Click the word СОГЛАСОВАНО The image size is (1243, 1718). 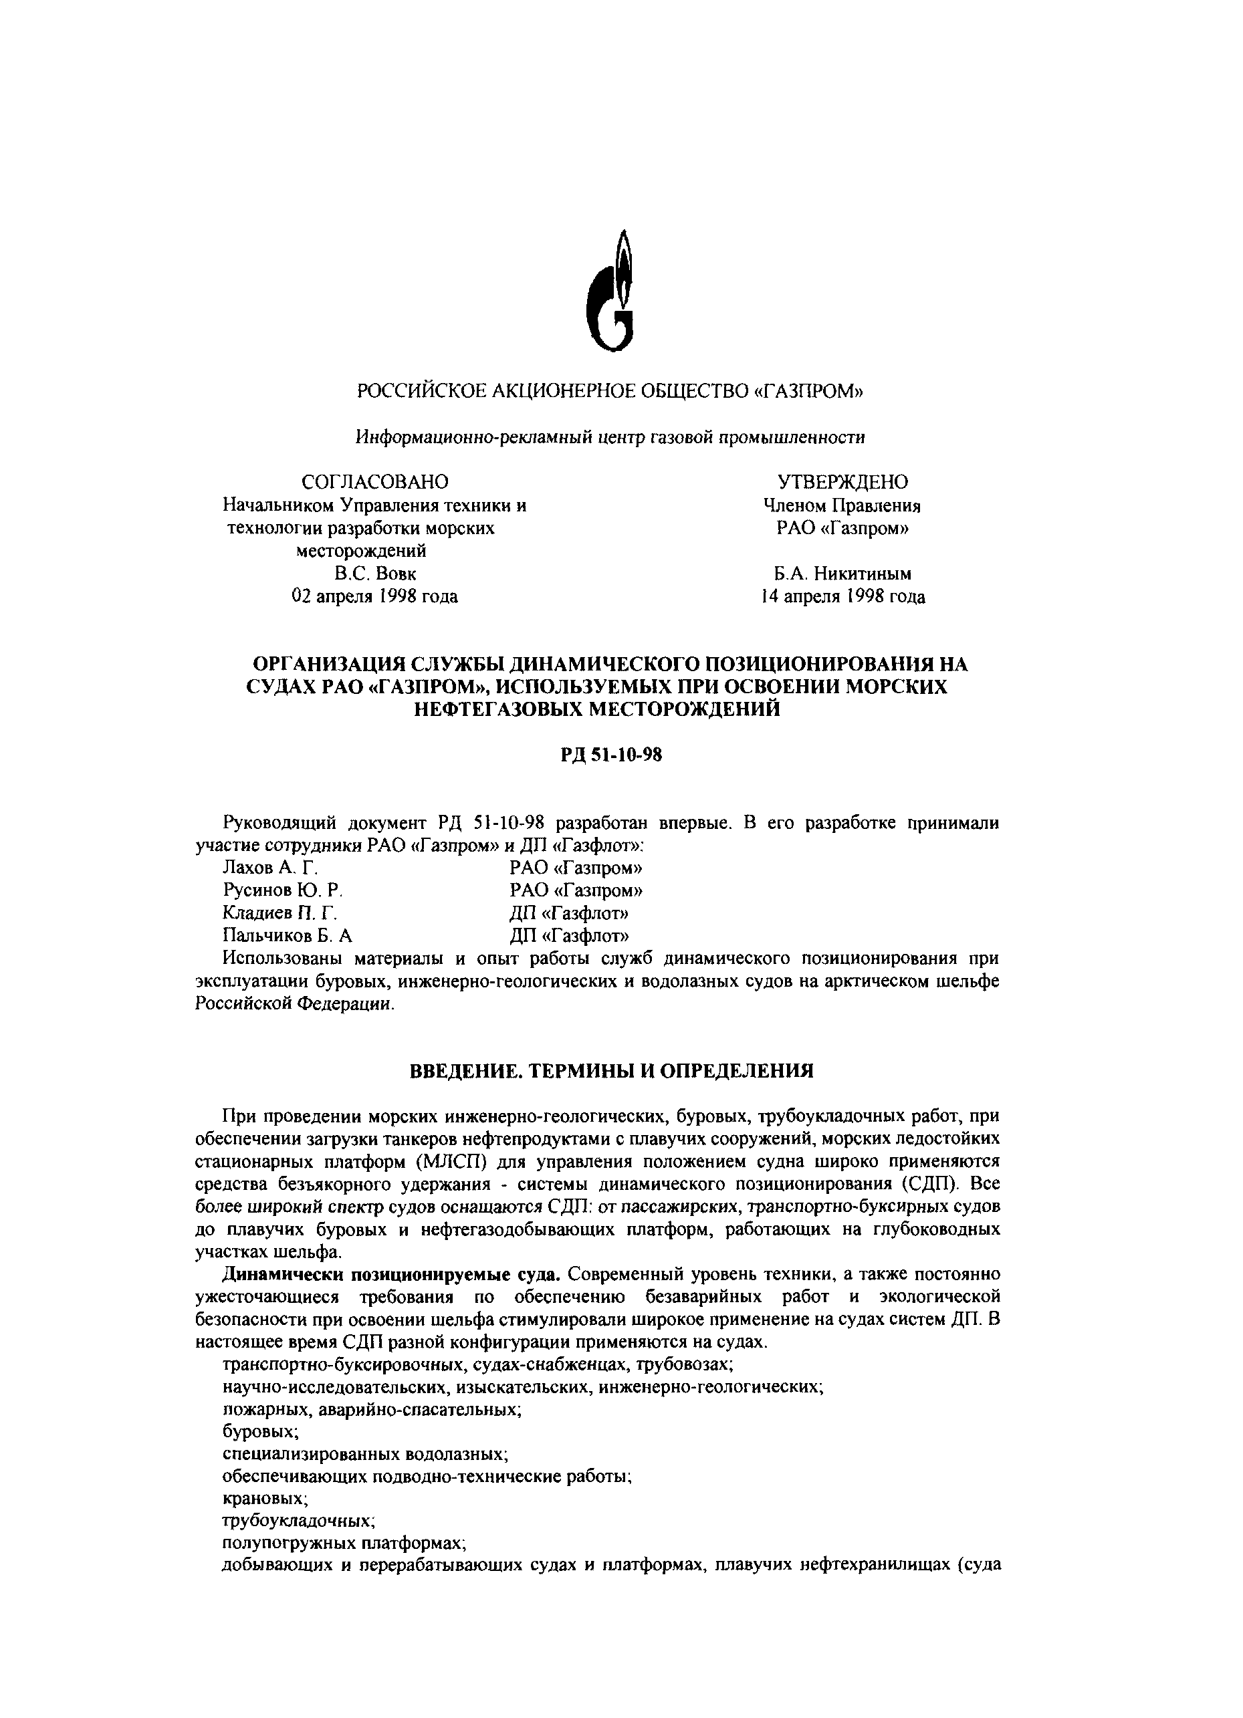[x=374, y=482]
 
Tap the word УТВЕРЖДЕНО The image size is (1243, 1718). [x=842, y=482]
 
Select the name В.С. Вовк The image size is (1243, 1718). [x=375, y=574]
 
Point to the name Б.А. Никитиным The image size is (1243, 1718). [x=842, y=574]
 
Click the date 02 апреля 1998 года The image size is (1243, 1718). [x=374, y=596]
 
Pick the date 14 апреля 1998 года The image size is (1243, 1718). [x=842, y=597]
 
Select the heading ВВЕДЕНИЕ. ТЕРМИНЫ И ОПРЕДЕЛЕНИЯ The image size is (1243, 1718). [x=611, y=1071]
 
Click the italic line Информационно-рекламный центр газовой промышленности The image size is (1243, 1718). [x=610, y=437]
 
